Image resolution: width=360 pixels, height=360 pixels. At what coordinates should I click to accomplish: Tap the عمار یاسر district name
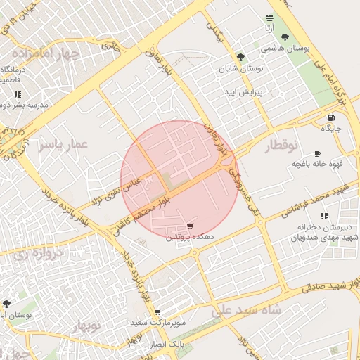pos(63,145)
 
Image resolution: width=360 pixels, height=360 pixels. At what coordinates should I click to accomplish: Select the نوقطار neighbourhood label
pos(281,146)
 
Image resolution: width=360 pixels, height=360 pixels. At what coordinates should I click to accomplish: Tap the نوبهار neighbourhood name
pos(86,326)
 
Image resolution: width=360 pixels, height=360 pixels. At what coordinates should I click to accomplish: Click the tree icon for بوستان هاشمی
pos(284,38)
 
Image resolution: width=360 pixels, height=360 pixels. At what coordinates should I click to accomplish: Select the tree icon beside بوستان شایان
pos(241,57)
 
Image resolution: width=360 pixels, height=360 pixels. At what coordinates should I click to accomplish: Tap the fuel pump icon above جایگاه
pos(330,117)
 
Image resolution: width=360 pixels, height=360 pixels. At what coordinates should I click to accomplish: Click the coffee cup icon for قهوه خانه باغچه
pos(316,153)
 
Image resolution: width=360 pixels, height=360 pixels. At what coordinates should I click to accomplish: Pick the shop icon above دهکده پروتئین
pos(189,226)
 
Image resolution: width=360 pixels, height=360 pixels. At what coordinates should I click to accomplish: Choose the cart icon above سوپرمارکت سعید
pos(157,311)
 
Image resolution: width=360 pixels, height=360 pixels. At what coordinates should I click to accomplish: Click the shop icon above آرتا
pos(269,18)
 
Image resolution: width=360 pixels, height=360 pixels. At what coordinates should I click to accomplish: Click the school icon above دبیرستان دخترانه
pos(323,216)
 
